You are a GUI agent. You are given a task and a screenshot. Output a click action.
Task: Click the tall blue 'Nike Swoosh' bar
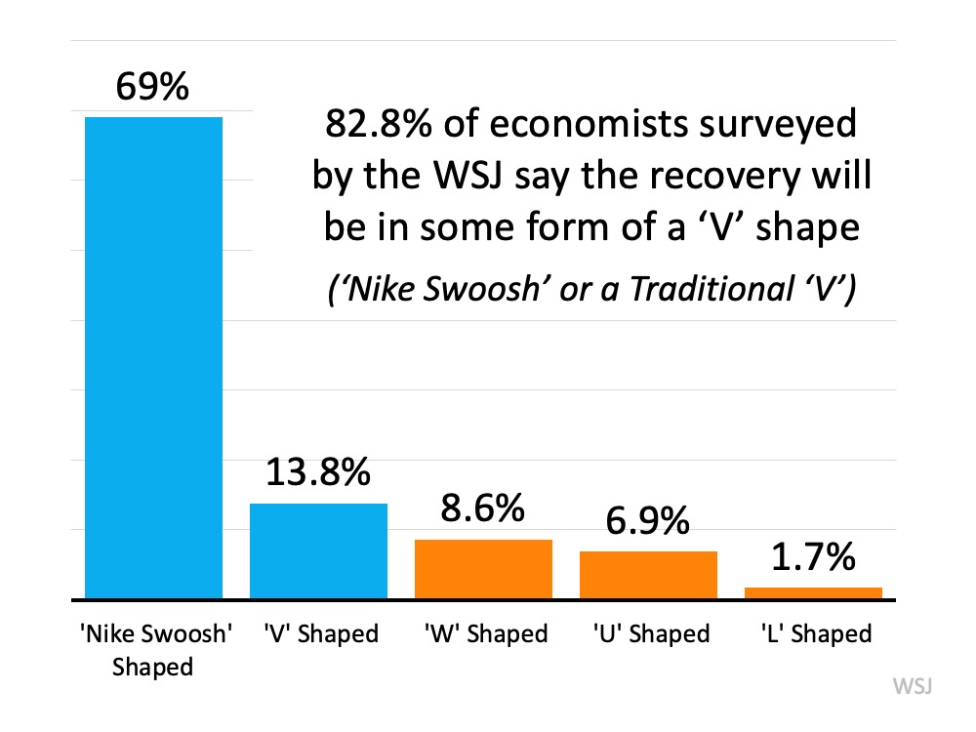pyautogui.click(x=153, y=357)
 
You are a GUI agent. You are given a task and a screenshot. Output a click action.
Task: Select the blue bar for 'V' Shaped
pyautogui.click(x=318, y=550)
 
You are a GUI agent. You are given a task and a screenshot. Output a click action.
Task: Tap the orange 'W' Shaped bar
pyautogui.click(x=483, y=568)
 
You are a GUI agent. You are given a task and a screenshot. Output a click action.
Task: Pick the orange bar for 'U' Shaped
pyautogui.click(x=648, y=574)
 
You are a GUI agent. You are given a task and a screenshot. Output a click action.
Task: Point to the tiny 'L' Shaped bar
pyautogui.click(x=813, y=592)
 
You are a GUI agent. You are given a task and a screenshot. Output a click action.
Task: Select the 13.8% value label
pyautogui.click(x=318, y=474)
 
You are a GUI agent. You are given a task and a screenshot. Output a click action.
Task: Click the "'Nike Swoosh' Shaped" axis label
pyautogui.click(x=154, y=650)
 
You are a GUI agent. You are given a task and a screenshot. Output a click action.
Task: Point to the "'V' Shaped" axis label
pyautogui.click(x=320, y=634)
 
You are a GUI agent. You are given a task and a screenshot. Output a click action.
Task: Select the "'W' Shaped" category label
pyautogui.click(x=486, y=634)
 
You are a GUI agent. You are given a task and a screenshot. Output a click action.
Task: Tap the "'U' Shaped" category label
pyautogui.click(x=651, y=634)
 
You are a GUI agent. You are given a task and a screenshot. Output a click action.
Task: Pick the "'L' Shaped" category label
pyautogui.click(x=815, y=634)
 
